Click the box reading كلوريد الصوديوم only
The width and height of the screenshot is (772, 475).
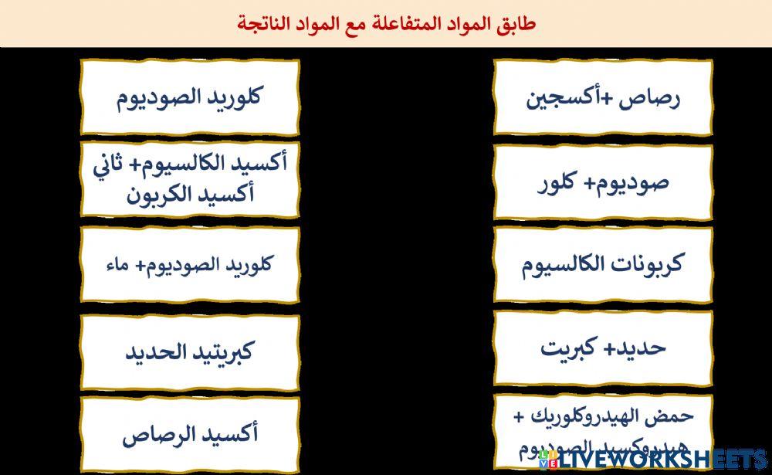click(189, 98)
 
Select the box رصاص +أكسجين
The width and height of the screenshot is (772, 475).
click(603, 98)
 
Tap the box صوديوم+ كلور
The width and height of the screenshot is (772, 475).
click(603, 182)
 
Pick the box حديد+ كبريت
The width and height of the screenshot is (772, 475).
click(603, 348)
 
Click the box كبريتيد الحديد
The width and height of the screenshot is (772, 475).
click(189, 352)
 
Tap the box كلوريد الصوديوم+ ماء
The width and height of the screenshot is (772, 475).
click(189, 265)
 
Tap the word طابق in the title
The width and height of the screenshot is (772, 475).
click(518, 24)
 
